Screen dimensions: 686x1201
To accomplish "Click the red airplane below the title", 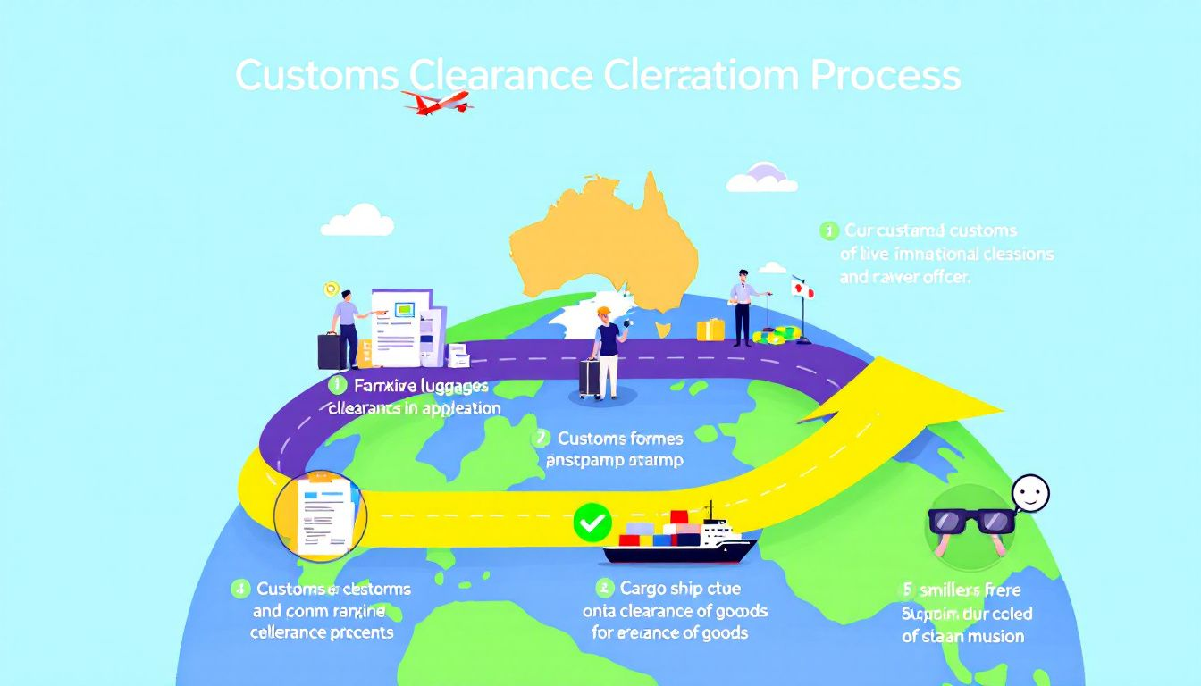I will tap(437, 101).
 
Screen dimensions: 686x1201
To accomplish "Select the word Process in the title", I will tap(886, 76).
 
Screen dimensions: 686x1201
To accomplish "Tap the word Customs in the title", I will tap(316, 76).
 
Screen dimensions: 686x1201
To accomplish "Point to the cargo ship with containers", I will tap(679, 539).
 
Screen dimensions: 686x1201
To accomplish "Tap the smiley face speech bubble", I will tap(1030, 492).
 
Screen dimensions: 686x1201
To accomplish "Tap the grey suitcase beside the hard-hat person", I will tap(589, 378).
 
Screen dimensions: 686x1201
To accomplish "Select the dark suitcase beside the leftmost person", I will tap(329, 351).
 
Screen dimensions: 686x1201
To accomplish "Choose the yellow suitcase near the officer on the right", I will tap(710, 329).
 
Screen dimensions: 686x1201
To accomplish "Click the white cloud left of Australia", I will tap(357, 220).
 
